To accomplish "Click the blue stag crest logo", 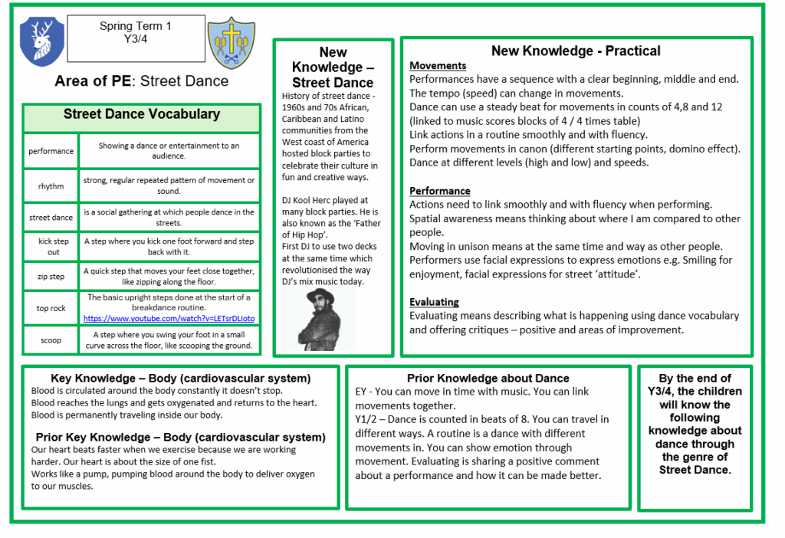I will (42, 41).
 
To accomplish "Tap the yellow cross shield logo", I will (231, 41).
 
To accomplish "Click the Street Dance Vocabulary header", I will (141, 115).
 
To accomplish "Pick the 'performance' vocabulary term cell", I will (51, 152).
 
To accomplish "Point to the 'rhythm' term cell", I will (51, 186).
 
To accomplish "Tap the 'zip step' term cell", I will (51, 277).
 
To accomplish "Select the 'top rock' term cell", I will (51, 308).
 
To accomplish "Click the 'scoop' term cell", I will (51, 340).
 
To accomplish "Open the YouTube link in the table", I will (169, 318).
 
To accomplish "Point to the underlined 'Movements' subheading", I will (438, 66).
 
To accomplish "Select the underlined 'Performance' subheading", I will (440, 191).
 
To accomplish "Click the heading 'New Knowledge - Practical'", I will (576, 51).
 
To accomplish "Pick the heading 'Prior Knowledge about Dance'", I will (488, 378).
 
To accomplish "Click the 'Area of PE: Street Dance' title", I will (141, 81).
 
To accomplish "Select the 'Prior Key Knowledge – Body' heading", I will (180, 437).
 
